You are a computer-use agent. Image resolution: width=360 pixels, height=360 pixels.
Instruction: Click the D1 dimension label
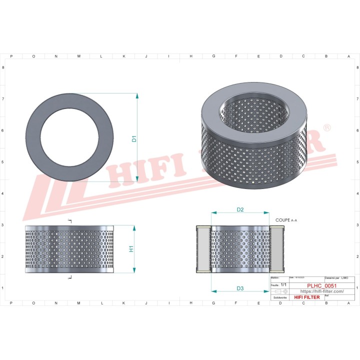click(134, 139)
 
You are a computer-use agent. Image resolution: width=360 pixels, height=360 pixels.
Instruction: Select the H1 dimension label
click(131, 248)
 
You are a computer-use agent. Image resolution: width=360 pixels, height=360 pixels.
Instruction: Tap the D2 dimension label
click(240, 209)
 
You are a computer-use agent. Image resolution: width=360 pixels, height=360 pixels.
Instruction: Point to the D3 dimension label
click(240, 288)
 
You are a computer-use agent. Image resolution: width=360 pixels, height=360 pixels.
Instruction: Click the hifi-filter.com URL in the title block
click(321, 291)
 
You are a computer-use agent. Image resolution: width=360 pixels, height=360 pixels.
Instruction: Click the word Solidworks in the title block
click(278, 297)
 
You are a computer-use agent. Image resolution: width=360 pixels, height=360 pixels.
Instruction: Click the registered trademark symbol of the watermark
click(327, 128)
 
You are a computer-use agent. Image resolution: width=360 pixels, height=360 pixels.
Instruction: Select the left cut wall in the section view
click(203, 249)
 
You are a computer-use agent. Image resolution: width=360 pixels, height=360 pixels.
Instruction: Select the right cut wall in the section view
click(276, 249)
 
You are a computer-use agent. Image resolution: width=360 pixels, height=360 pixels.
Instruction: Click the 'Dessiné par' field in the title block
click(332, 277)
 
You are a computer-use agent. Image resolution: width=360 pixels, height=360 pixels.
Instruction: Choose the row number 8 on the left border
click(4, 67)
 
